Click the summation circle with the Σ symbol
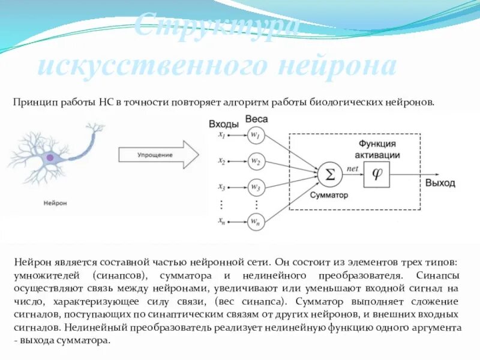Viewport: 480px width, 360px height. (329, 175)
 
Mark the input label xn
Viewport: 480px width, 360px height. (222, 223)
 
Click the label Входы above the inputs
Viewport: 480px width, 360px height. (224, 124)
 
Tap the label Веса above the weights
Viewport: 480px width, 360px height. (257, 120)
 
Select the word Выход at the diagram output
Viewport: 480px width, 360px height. (440, 182)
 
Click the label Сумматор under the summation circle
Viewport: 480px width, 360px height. (329, 196)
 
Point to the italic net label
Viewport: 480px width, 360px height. (353, 169)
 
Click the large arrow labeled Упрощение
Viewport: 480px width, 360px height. (158, 155)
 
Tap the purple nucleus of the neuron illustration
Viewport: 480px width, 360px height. (50, 158)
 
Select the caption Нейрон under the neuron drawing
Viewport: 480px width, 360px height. (55, 203)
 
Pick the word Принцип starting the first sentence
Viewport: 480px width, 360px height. (34, 103)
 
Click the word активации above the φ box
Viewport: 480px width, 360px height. (377, 154)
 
